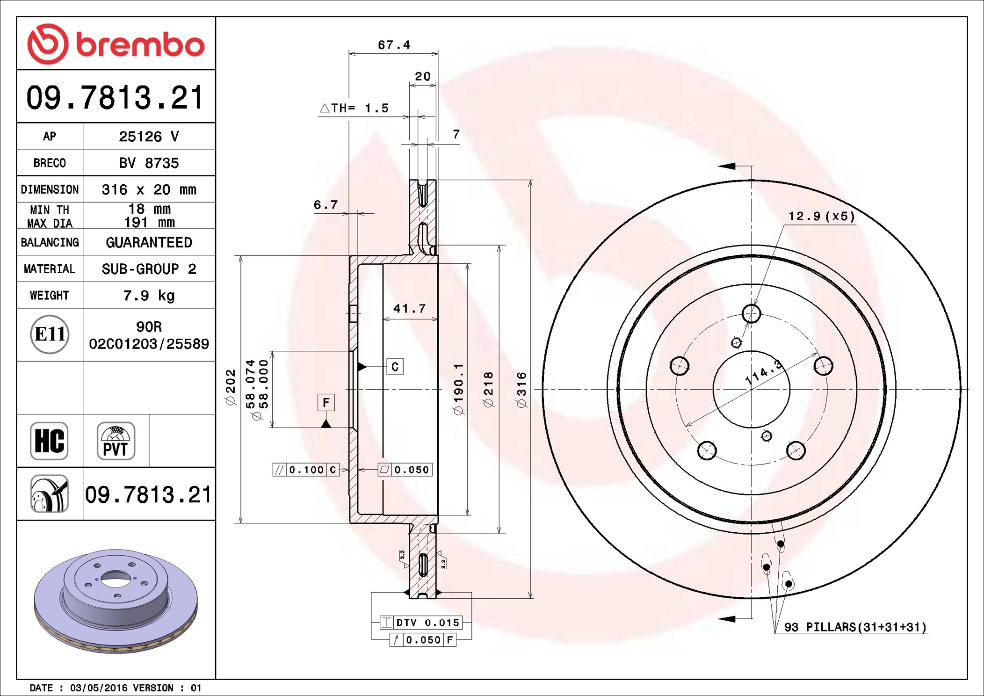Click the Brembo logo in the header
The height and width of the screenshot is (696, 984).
pos(116,44)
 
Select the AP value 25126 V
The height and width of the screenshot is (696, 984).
pos(149,137)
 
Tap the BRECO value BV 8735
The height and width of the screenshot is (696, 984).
pos(149,163)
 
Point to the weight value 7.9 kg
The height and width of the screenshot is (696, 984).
pos(149,296)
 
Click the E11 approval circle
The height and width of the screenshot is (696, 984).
pos(50,334)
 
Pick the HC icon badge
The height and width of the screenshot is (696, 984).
pos(49,441)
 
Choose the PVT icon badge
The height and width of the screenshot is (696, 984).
pos(116,441)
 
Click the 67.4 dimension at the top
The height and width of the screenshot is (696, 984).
pos(394,45)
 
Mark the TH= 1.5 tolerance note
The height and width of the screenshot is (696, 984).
pos(354,108)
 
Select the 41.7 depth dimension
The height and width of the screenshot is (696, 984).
pos(409,309)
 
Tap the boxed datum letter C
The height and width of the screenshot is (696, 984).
pos(395,367)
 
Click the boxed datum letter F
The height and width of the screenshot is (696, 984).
pos(326,403)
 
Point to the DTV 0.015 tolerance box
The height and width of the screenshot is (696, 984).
pos(421,623)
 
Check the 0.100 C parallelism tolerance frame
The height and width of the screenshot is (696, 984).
pos(306,470)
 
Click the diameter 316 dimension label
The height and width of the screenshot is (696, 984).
pos(521,390)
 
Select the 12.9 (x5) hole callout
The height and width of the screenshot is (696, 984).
pos(821,216)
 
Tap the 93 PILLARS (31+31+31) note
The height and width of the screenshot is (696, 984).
pos(855,627)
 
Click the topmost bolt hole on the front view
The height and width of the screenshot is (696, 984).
pos(752,313)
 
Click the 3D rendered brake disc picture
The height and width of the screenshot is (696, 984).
pos(116,601)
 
